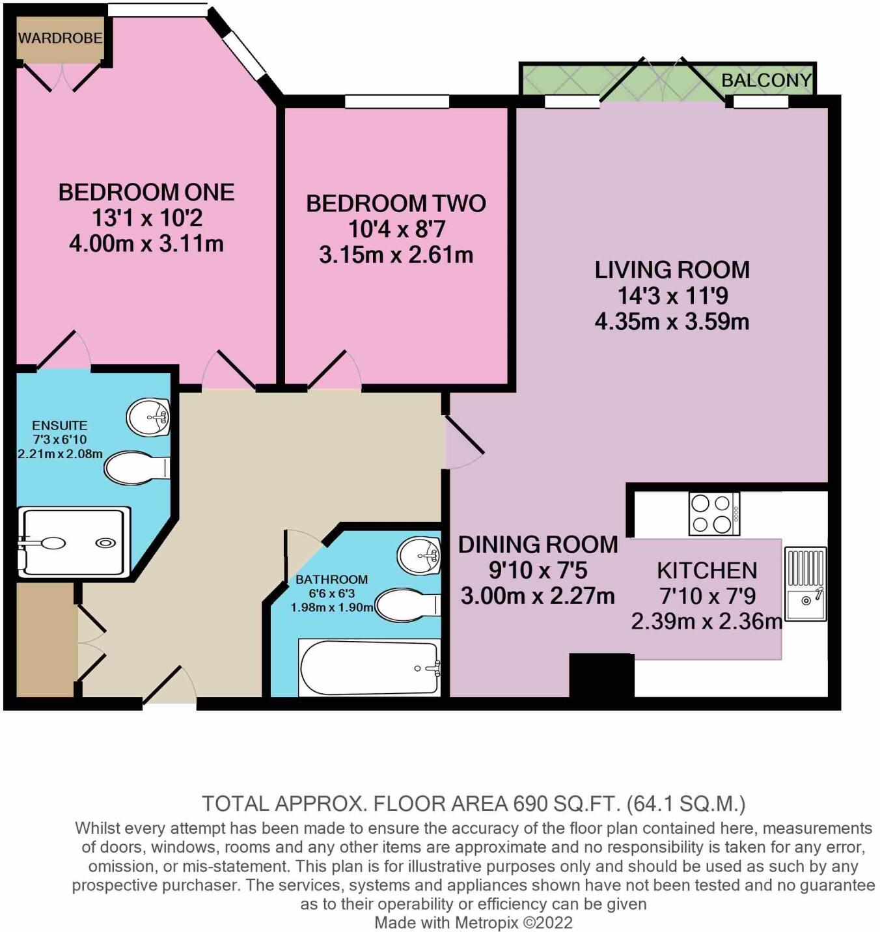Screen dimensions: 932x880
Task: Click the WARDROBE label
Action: [x=60, y=38]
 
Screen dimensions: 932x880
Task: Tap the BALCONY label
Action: [x=766, y=80]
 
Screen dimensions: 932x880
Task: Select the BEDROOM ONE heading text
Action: [x=146, y=192]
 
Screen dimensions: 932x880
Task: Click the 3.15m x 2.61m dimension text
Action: [x=396, y=254]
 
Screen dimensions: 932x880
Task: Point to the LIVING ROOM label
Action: [x=672, y=269]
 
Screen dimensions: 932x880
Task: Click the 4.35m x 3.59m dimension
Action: [x=672, y=322]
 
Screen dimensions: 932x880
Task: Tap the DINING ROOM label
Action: [x=538, y=545]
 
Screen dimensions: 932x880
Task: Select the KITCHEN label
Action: [x=707, y=571]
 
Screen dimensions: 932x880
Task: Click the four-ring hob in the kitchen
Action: [x=714, y=514]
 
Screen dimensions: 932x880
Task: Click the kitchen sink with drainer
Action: [x=806, y=584]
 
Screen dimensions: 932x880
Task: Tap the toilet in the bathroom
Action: [x=406, y=605]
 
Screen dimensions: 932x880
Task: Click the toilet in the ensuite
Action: [x=136, y=468]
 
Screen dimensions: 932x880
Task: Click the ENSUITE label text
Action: [x=59, y=426]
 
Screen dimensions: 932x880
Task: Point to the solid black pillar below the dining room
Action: [x=601, y=675]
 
